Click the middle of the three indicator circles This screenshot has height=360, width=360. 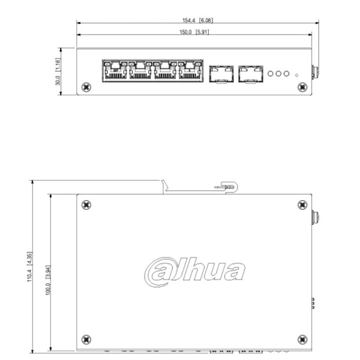279,74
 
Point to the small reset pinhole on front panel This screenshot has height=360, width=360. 298,76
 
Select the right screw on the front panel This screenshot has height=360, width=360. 302,87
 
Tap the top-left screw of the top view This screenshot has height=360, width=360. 87,205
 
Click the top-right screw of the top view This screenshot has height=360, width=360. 302,205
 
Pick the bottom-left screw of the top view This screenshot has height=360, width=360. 87,340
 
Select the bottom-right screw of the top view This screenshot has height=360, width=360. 302,340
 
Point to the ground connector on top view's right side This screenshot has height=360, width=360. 316,216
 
